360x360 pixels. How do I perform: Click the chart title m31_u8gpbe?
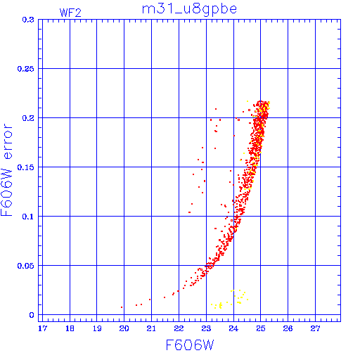click(189, 10)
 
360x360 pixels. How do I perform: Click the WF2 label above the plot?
click(70, 13)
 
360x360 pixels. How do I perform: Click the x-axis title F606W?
click(190, 345)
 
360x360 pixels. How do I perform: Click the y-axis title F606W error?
click(6, 169)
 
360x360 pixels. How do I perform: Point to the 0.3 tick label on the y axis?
click(28, 20)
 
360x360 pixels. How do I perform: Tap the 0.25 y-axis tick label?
click(25, 69)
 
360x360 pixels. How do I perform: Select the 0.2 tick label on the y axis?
click(28, 118)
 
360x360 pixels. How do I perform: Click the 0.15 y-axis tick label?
click(25, 167)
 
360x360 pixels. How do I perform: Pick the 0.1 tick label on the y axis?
click(28, 217)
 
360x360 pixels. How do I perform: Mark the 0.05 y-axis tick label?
click(25, 266)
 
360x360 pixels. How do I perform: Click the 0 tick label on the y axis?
click(32, 315)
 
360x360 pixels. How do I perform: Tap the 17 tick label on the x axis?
click(42, 328)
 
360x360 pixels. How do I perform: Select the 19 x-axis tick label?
click(97, 328)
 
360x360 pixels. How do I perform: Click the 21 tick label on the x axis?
click(151, 328)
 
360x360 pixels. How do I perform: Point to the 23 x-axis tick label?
click(206, 328)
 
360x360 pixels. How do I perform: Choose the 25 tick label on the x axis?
click(261, 328)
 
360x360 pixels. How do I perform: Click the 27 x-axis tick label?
click(315, 328)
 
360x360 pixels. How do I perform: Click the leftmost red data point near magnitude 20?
click(122, 307)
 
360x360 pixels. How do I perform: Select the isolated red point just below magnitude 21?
click(150, 300)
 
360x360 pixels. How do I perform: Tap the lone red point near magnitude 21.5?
click(165, 297)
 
